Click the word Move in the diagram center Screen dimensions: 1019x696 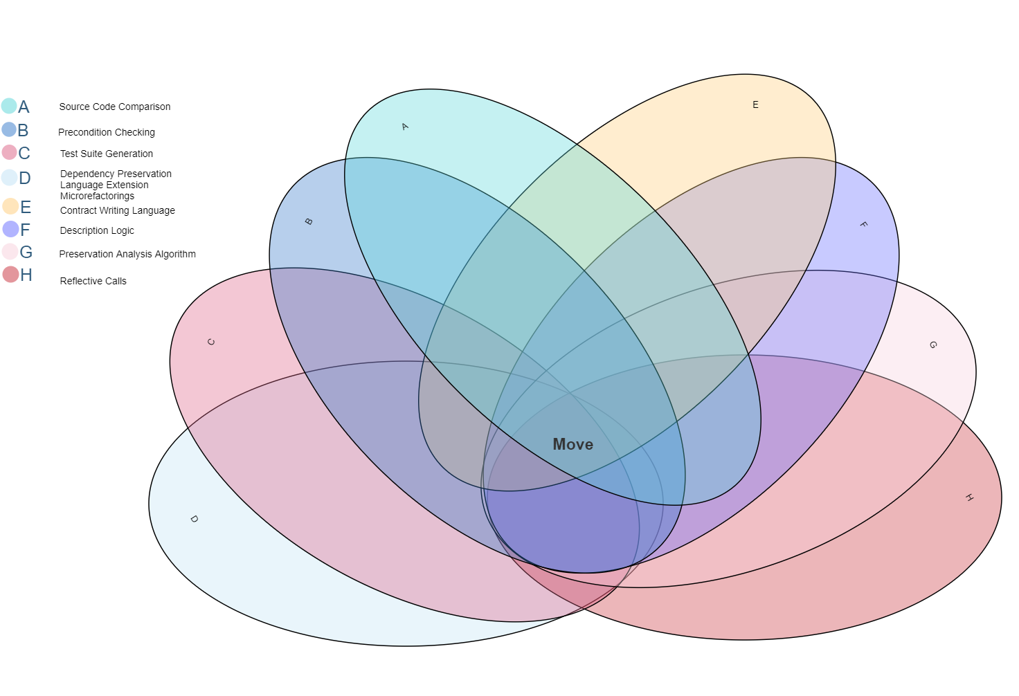[x=572, y=445]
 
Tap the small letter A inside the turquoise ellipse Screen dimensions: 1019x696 [x=405, y=127]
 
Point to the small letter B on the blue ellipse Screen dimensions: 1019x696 [x=309, y=221]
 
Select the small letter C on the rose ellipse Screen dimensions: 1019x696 [x=211, y=342]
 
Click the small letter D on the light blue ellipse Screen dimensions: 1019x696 [x=194, y=519]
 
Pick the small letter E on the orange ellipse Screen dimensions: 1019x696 [x=755, y=105]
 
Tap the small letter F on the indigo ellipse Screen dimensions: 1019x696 [x=863, y=225]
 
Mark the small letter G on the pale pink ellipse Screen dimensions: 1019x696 [x=932, y=345]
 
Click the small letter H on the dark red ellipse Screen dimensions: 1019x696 [x=969, y=497]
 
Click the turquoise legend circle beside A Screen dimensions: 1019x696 [x=9, y=106]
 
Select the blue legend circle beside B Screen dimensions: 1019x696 [x=9, y=129]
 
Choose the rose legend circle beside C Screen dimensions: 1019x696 [x=9, y=152]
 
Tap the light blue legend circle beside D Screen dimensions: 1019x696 [x=9, y=177]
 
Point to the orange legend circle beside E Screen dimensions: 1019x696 [x=10, y=206]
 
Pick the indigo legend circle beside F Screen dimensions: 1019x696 [x=10, y=229]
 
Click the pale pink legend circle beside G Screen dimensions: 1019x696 [x=10, y=251]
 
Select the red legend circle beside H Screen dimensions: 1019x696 [x=10, y=274]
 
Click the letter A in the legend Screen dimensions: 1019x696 [x=24, y=107]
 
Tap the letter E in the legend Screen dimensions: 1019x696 [x=26, y=208]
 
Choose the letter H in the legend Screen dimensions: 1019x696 [x=26, y=275]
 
